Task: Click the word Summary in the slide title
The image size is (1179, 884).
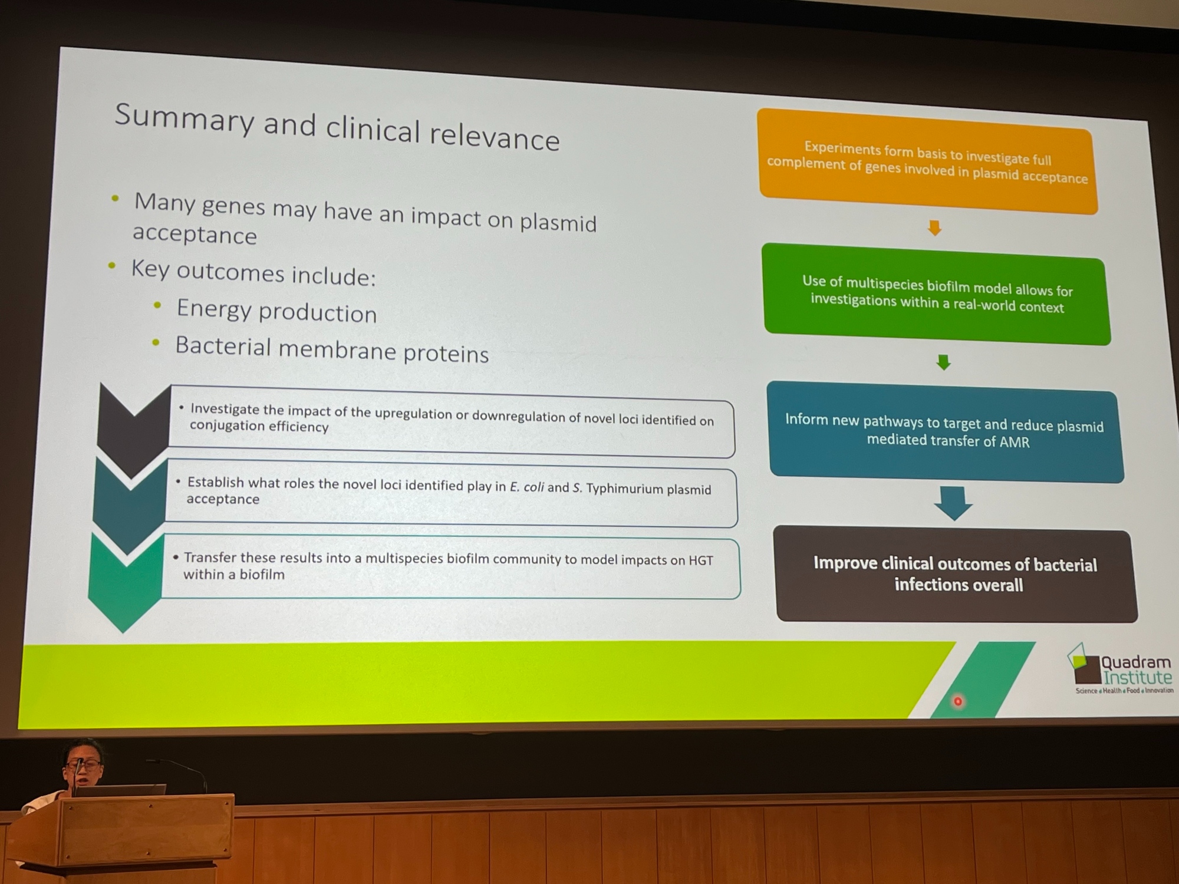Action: click(184, 120)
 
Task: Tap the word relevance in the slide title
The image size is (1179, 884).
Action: click(495, 137)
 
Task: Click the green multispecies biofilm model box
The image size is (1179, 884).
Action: click(937, 294)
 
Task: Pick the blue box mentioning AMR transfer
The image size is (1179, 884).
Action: click(946, 432)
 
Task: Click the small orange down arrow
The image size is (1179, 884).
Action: click(934, 228)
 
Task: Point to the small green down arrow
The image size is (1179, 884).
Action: click(944, 362)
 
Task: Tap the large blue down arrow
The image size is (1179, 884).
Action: click(953, 503)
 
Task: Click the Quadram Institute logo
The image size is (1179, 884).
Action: click(1120, 670)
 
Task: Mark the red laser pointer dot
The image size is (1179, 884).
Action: click(958, 701)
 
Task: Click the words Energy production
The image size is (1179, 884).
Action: click(276, 311)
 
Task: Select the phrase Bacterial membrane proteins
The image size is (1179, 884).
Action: click(332, 350)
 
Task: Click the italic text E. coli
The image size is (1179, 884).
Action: click(527, 487)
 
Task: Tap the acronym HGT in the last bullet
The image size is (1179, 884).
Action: click(701, 560)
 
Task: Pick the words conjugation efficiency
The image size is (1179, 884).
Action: click(259, 426)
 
